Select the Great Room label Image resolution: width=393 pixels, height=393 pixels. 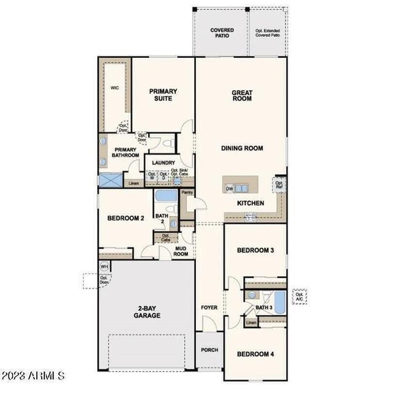click(x=242, y=96)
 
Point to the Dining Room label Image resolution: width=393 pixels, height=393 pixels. click(x=242, y=148)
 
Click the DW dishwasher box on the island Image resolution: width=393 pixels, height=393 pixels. click(x=229, y=189)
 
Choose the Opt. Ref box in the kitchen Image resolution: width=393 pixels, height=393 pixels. click(x=279, y=185)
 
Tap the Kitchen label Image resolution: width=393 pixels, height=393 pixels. click(x=251, y=203)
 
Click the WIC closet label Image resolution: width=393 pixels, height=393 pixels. click(x=114, y=88)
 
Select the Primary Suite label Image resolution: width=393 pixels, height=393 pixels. click(x=163, y=95)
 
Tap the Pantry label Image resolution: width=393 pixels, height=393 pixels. click(x=187, y=192)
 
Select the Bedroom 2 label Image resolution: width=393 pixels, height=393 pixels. click(x=125, y=218)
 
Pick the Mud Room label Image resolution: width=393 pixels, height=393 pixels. click(x=181, y=251)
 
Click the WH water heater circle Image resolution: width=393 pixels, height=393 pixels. click(x=104, y=267)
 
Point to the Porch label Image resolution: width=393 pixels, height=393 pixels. click(x=209, y=350)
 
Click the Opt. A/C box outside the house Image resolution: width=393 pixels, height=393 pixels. click(x=299, y=297)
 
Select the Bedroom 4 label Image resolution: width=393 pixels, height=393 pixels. click(x=255, y=354)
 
